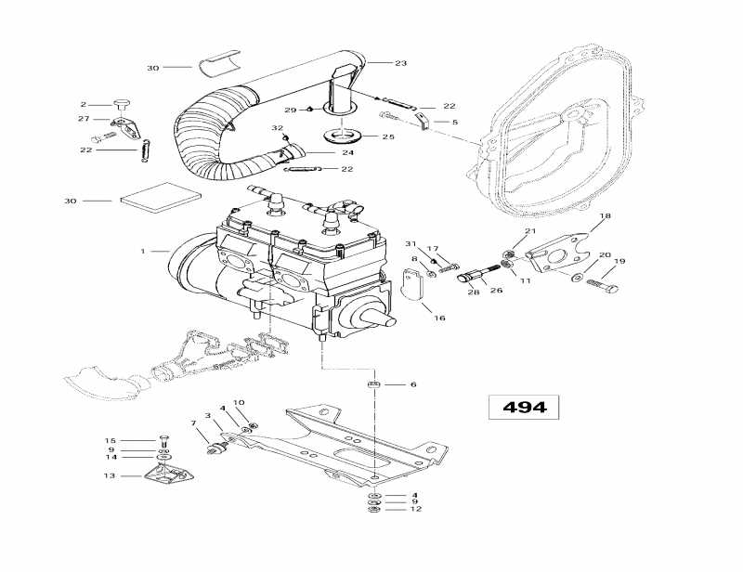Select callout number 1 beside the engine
coord(142,251)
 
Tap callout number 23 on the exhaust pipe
coord(400,63)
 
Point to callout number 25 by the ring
coord(388,136)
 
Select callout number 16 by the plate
coord(440,318)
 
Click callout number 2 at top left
coord(83,104)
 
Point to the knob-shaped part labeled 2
coord(120,102)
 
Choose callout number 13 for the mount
coord(110,475)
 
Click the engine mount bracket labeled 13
coord(167,475)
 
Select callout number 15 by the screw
coord(110,440)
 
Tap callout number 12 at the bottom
coord(415,509)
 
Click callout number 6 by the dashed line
coord(413,384)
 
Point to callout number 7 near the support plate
coord(194,423)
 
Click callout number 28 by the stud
coord(474,292)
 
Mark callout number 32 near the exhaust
coord(277,128)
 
